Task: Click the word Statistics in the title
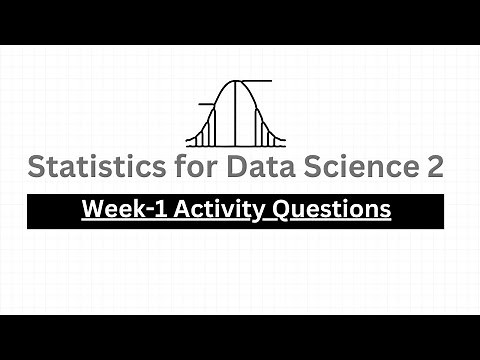(87, 167)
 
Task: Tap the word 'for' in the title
(178, 167)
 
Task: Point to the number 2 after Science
(435, 167)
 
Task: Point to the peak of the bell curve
(235, 81)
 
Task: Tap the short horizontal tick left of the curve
(204, 104)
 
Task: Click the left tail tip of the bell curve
(187, 146)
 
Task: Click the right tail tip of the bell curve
(283, 146)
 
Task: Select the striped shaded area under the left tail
(207, 133)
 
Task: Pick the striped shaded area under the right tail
(263, 133)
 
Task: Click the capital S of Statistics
(37, 167)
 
